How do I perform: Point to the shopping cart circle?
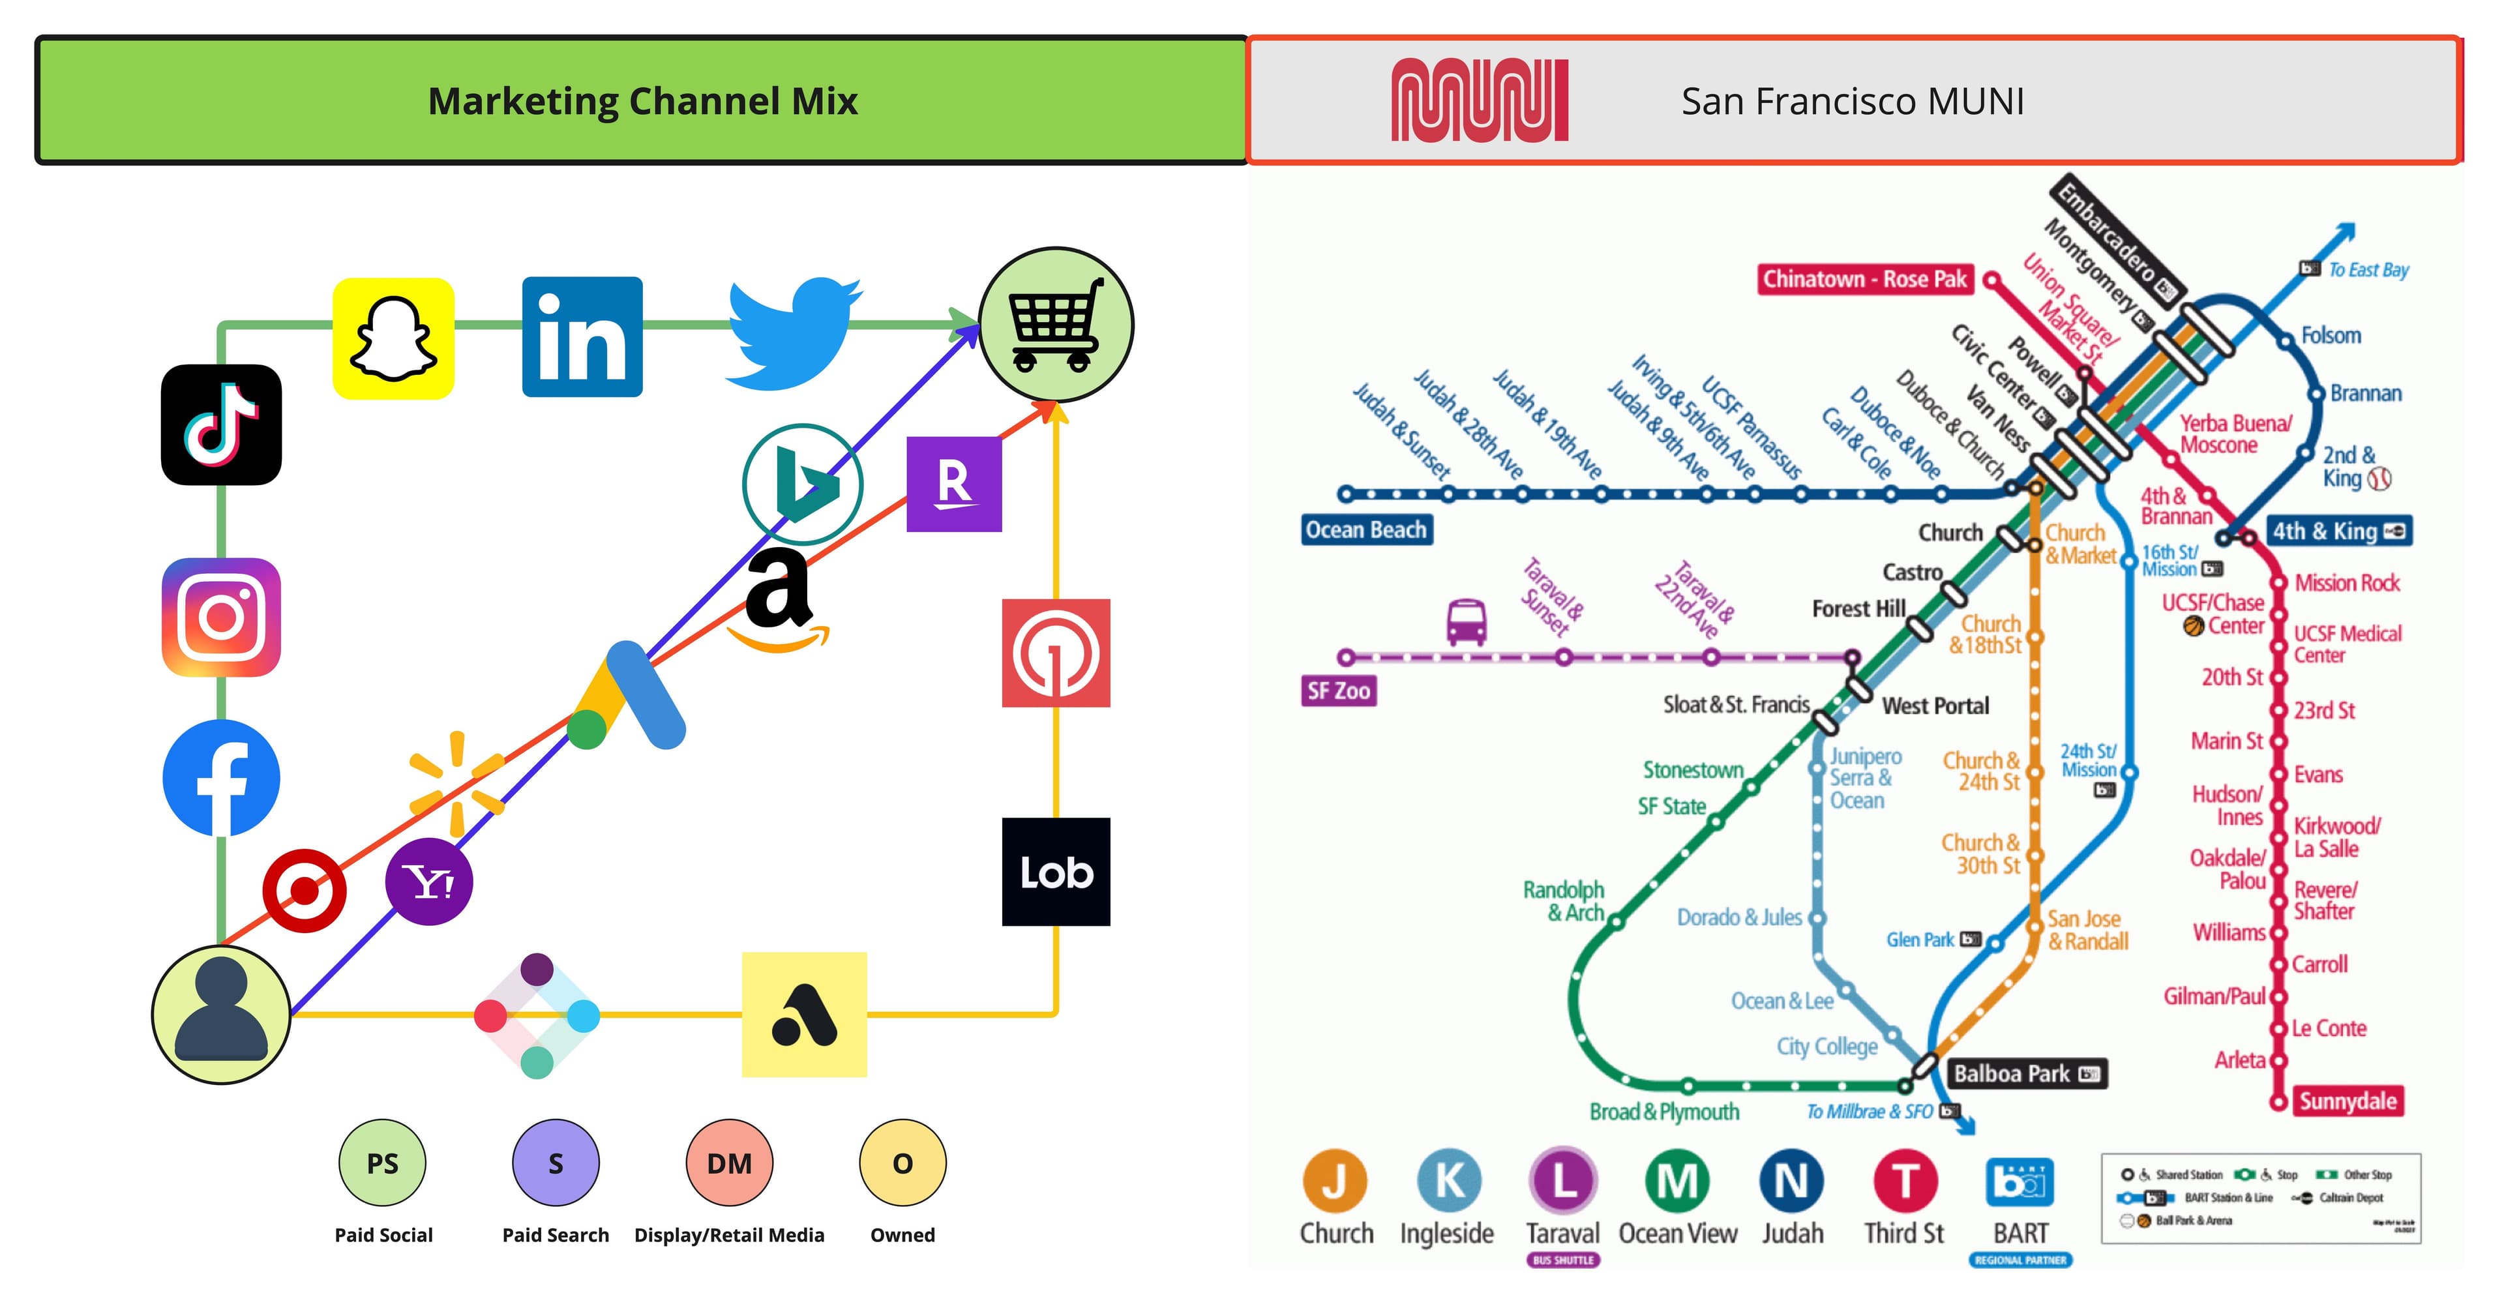(x=1056, y=323)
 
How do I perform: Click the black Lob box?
(x=1056, y=872)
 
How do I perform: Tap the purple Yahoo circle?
(x=428, y=882)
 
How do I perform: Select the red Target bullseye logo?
(x=305, y=890)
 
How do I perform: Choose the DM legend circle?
(x=729, y=1162)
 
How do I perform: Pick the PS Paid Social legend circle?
(x=382, y=1162)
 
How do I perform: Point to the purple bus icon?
(x=1466, y=622)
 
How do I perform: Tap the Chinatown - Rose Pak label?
(x=1864, y=279)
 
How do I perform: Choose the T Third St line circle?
(x=1904, y=1181)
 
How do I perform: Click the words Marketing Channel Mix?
(x=642, y=101)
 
